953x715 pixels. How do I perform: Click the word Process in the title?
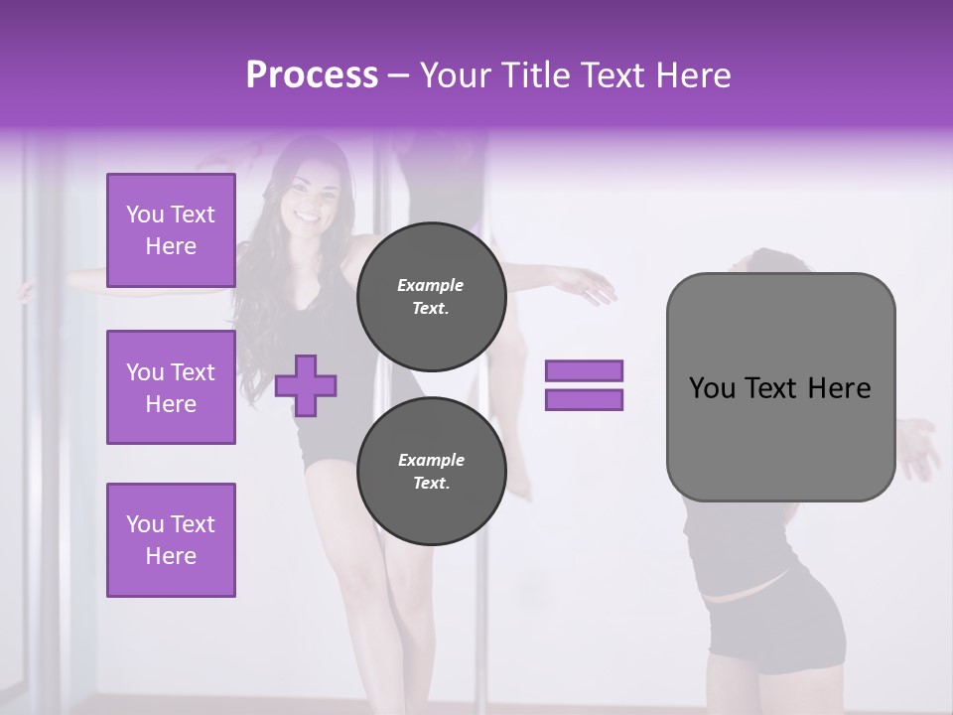tap(312, 75)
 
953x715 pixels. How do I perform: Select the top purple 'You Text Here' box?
tap(171, 230)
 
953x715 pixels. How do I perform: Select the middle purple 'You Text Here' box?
tap(171, 387)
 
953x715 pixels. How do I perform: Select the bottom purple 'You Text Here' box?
tap(171, 540)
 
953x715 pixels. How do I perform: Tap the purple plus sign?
tap(306, 385)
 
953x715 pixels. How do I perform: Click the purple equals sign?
tap(584, 385)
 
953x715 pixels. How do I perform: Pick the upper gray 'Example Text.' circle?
tap(432, 296)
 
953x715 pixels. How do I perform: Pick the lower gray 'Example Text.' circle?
tap(432, 471)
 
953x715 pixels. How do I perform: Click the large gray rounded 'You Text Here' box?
tap(780, 387)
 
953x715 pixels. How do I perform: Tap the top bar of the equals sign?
tap(584, 370)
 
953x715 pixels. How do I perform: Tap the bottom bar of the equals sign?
tap(584, 400)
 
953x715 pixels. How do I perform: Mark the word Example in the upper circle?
tap(430, 285)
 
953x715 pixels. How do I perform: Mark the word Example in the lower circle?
tap(431, 460)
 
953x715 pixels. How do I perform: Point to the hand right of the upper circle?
tap(593, 287)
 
